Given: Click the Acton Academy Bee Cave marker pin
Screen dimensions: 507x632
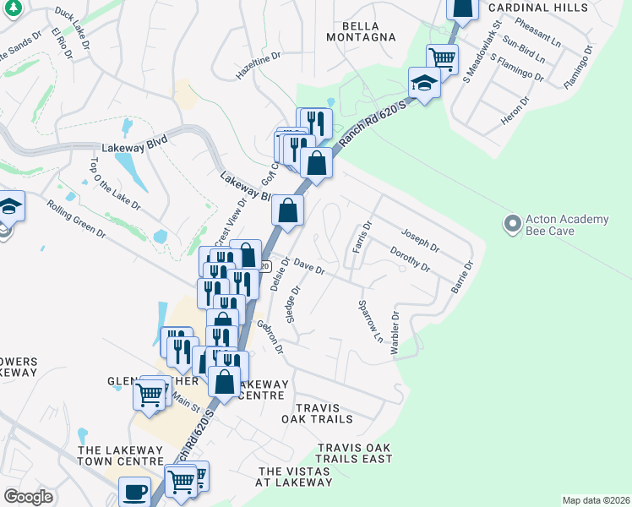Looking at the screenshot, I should pos(511,225).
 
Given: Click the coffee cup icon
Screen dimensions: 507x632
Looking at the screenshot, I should pos(133,491).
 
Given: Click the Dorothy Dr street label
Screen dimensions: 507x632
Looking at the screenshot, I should pos(411,259).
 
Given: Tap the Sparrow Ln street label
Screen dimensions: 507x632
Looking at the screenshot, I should pos(371,320).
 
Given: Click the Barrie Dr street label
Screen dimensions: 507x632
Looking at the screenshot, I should pos(461,276).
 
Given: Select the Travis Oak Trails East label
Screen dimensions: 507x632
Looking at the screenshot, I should pos(355,453).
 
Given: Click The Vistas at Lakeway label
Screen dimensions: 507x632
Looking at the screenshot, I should pos(295,477).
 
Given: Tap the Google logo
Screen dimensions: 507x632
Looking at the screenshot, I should pos(28,496).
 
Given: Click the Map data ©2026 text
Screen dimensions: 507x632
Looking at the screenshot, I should pos(595,500).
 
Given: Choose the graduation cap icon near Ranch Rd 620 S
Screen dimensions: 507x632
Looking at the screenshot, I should pos(424,83).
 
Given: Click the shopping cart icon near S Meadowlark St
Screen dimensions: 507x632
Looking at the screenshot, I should pos(442,58).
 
